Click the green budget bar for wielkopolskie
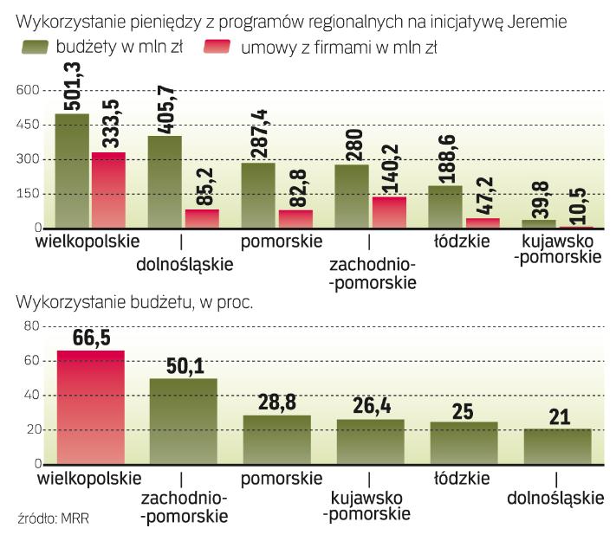click(x=71, y=171)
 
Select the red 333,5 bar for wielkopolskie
click(x=108, y=190)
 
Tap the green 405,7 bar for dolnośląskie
click(x=164, y=182)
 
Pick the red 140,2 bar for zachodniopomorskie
click(x=388, y=212)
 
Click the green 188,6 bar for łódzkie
click(x=444, y=206)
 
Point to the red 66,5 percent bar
click(x=90, y=407)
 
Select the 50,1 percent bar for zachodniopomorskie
click(x=183, y=422)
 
